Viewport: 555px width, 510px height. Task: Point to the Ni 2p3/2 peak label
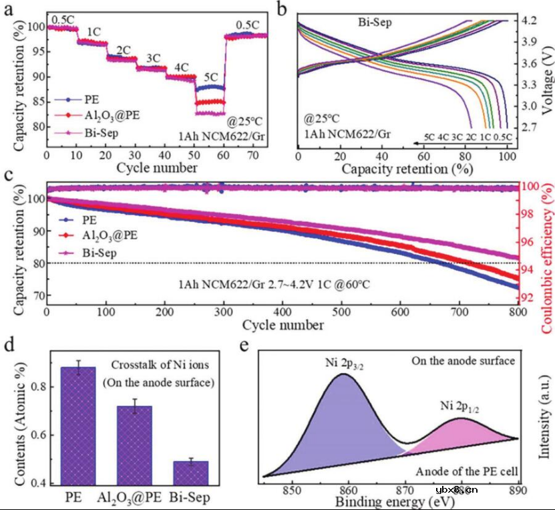point(344,364)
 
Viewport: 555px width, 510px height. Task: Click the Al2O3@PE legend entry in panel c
point(110,234)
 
